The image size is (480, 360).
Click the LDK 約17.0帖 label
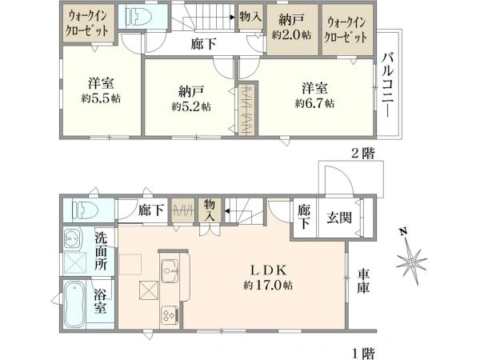tap(268, 278)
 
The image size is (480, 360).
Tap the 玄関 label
tap(339, 218)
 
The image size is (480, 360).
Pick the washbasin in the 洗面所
tap(73, 238)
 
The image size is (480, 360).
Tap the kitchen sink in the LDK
tap(170, 271)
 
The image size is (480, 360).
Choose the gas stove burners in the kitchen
tap(170, 314)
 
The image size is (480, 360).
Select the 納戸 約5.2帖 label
tap(190, 98)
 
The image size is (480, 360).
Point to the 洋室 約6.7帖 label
tap(314, 95)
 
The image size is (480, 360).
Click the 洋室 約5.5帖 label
tap(101, 90)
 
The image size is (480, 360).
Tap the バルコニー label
tap(388, 85)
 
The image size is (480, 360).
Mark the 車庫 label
tap(363, 281)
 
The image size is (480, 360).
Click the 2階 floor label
tap(363, 153)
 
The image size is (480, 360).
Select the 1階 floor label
tap(363, 354)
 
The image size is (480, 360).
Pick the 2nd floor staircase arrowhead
tap(233, 18)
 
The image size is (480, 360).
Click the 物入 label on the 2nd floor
tap(250, 17)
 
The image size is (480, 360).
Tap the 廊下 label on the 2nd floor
tap(203, 44)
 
